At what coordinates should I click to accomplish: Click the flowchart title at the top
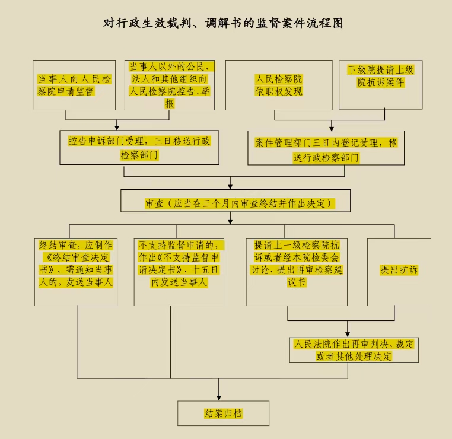[224, 24]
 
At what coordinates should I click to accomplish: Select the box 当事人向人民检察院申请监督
[74, 85]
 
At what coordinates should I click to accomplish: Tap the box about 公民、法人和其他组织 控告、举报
[170, 85]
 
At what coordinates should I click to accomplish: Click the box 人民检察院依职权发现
[278, 85]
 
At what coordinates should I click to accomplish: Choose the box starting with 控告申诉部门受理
[139, 148]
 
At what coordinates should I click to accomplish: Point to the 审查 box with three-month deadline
[235, 202]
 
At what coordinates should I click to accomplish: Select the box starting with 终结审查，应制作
[76, 271]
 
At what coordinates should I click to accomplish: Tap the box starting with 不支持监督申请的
[179, 271]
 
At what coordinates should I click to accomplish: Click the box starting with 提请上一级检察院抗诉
[297, 271]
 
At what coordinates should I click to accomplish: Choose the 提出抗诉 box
[399, 271]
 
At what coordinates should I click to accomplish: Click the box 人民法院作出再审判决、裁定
[354, 349]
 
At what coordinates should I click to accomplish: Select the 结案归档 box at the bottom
[223, 413]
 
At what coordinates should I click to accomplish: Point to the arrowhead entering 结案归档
[219, 397]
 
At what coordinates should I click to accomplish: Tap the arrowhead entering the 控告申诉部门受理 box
[117, 128]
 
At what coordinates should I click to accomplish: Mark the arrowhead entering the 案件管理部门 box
[332, 128]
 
